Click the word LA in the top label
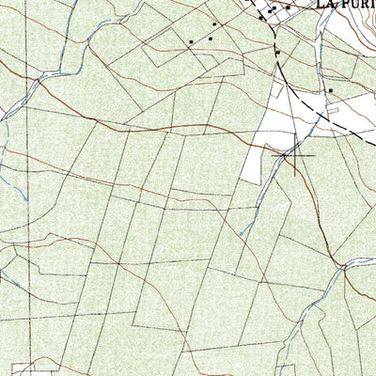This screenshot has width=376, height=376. (326, 4)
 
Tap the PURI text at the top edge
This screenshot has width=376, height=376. (358, 4)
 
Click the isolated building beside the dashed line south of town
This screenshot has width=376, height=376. (277, 54)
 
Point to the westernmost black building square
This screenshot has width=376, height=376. (191, 41)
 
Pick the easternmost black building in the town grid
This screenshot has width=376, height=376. (288, 8)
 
